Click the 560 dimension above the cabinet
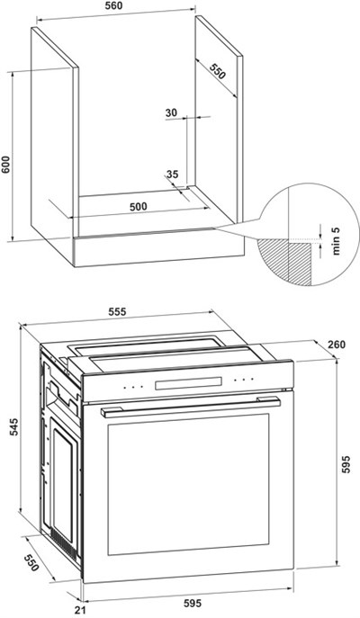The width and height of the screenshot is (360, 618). [114, 5]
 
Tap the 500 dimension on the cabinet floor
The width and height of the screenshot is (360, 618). [139, 207]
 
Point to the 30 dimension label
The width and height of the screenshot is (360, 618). [171, 112]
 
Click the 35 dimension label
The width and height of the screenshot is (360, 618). [172, 174]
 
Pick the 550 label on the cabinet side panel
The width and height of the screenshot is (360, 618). [217, 71]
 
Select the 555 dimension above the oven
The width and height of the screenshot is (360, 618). [117, 312]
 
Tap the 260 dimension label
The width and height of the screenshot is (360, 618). [337, 345]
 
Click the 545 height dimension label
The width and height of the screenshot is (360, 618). [13, 427]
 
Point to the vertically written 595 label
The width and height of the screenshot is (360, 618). [346, 465]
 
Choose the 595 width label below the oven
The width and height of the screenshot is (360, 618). [193, 603]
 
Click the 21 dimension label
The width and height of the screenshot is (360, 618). [80, 611]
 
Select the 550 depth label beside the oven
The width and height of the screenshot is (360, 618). [31, 563]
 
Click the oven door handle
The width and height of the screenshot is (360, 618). [191, 407]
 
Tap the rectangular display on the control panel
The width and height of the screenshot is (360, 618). [188, 383]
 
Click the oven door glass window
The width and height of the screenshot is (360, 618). [188, 484]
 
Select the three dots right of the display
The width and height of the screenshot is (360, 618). [244, 380]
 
